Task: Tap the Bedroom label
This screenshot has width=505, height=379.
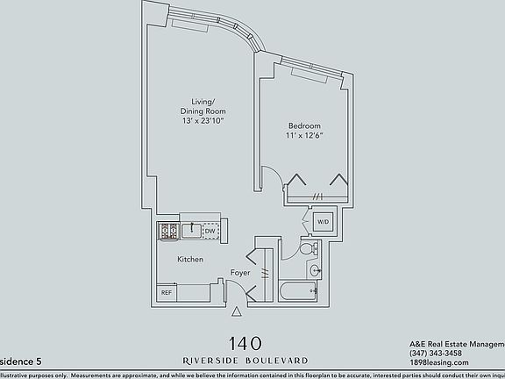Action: (304, 125)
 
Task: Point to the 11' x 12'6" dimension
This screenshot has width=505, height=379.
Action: (304, 137)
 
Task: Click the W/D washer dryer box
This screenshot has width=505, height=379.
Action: (322, 222)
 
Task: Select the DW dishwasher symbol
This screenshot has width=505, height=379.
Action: (210, 232)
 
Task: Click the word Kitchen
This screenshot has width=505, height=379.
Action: (190, 260)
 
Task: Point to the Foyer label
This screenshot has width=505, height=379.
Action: (240, 273)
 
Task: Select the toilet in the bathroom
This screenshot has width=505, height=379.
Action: (308, 250)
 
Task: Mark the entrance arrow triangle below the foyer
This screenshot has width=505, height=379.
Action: (236, 311)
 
